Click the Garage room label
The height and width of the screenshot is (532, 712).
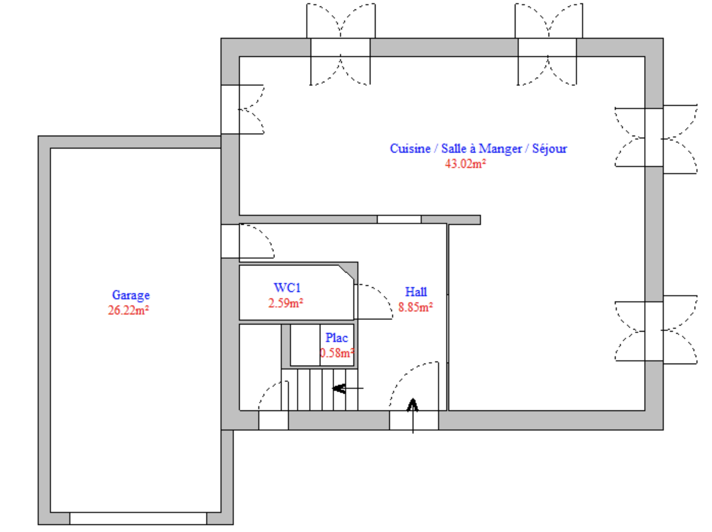tap(131, 295)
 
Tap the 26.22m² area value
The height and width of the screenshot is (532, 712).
tap(128, 310)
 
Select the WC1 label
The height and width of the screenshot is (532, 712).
tap(287, 287)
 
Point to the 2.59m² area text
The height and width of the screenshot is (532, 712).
tap(286, 303)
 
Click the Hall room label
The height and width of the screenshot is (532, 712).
tap(416, 292)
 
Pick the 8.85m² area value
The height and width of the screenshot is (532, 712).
tap(416, 307)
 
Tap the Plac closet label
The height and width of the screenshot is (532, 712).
tap(337, 338)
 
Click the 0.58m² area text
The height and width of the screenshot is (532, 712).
tap(337, 353)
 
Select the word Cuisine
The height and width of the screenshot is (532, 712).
tap(410, 148)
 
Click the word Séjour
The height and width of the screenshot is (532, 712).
tap(549, 149)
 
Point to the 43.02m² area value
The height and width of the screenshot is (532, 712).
tap(465, 164)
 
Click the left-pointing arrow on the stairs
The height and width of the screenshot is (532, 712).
tap(348, 388)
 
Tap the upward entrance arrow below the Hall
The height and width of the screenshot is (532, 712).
tap(413, 416)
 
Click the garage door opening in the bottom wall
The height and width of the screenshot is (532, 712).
tap(138, 518)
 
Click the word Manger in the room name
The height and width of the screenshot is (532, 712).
tap(500, 149)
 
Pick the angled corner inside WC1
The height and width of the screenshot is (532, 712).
tap(346, 272)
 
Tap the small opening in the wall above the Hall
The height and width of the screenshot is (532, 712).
tap(399, 220)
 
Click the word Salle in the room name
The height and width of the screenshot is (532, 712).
tap(454, 148)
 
